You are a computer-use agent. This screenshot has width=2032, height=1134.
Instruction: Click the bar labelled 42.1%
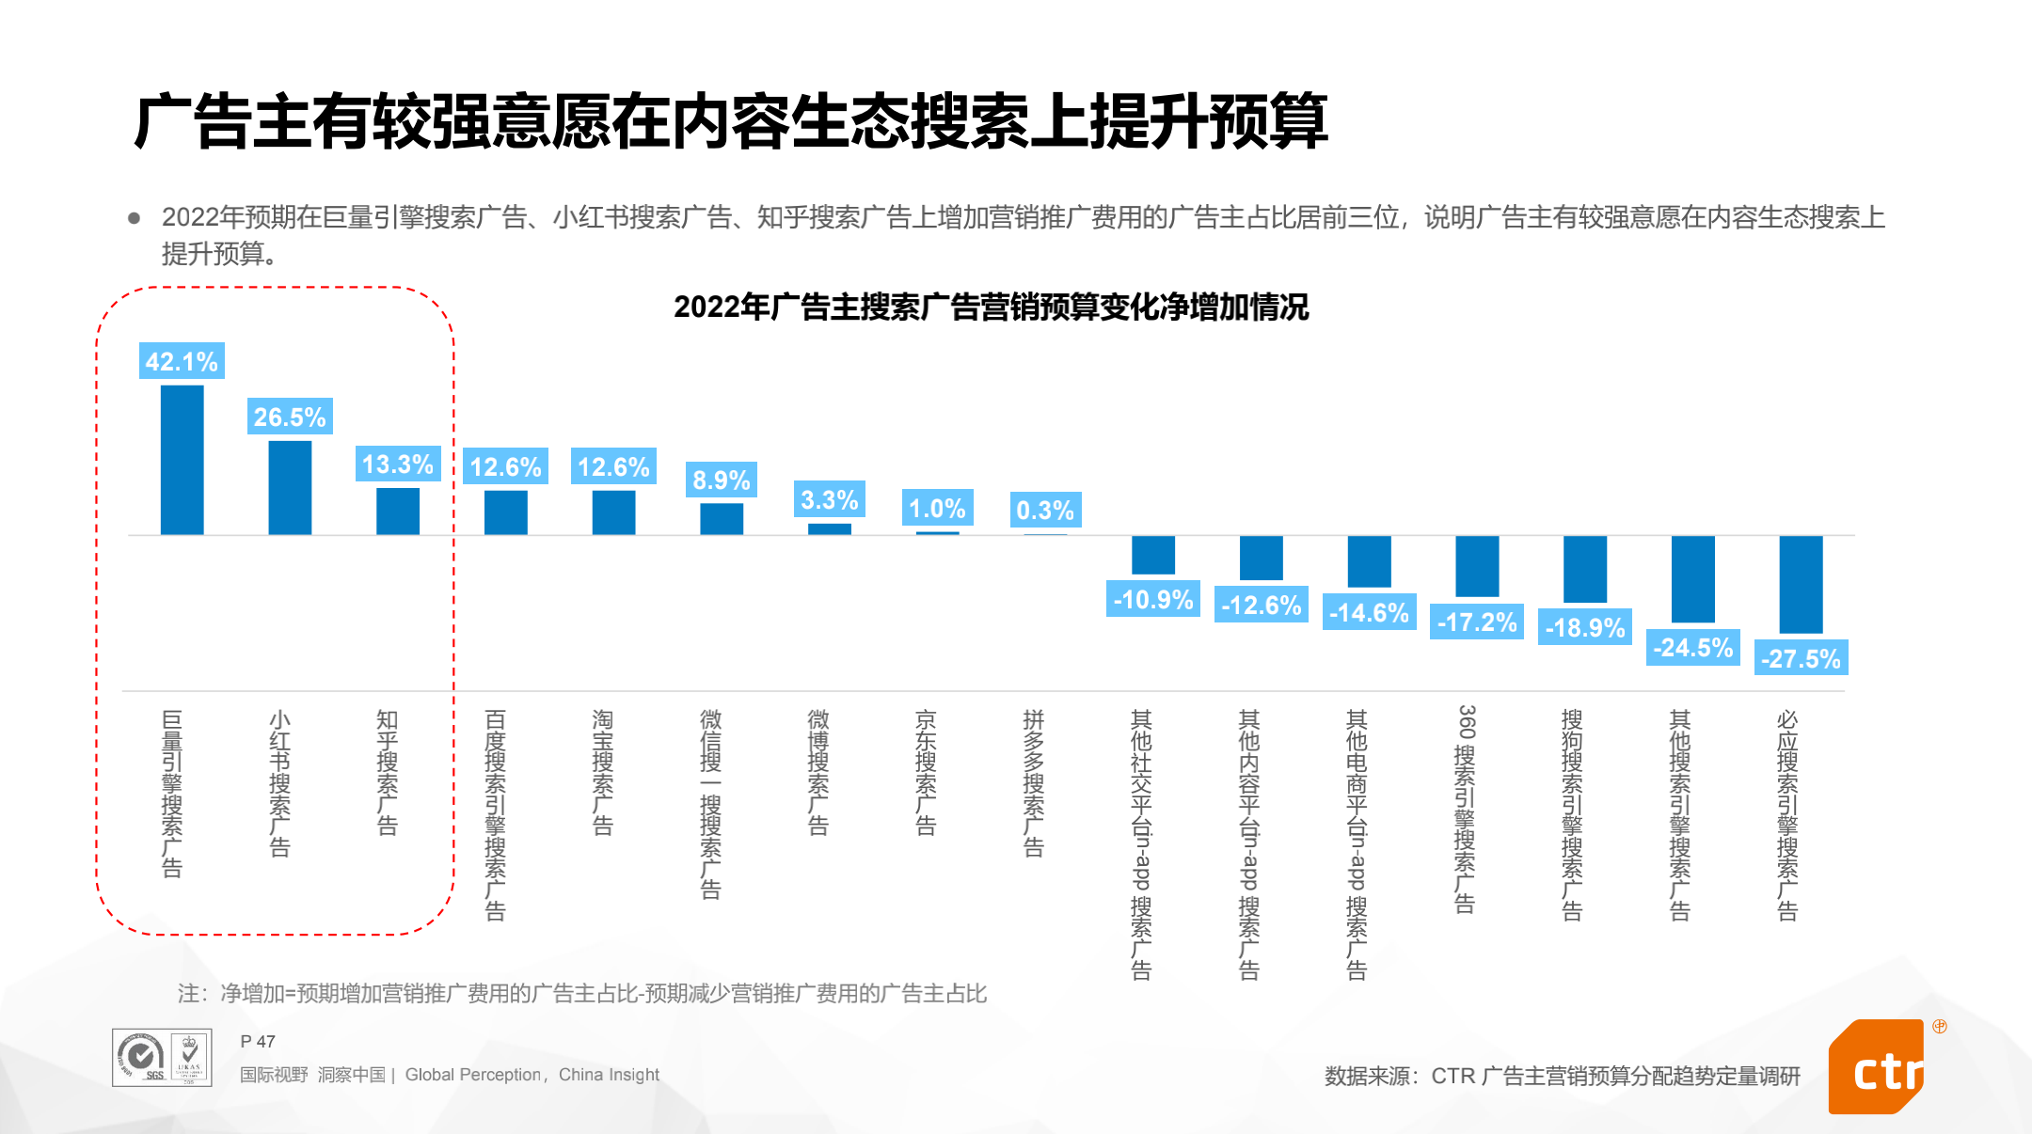coord(182,460)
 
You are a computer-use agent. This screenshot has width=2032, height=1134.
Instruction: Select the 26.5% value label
coord(290,417)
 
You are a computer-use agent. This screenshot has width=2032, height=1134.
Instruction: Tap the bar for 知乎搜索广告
coord(398,511)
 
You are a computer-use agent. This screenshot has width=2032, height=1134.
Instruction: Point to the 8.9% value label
coord(722,480)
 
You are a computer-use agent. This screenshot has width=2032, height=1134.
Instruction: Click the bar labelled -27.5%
coord(1801,584)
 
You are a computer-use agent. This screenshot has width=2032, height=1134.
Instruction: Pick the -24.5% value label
coord(1692,648)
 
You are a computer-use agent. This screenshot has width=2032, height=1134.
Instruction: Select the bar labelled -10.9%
coord(1153,555)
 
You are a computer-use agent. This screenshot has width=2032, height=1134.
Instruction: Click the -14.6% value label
coord(1369,613)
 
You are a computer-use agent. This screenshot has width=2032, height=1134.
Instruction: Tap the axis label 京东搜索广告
coord(926,772)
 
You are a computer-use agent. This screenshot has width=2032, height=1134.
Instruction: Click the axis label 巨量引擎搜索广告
coord(172,794)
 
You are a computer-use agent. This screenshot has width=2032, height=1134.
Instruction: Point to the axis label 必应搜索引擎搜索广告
coord(1787,814)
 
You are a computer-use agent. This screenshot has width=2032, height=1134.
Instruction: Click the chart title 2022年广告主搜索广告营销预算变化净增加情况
coord(991,307)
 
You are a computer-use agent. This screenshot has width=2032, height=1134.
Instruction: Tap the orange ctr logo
coord(1878,1068)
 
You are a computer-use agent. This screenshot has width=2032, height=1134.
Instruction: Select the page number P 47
coord(258,1042)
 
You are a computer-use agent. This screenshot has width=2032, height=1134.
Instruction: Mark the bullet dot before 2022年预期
coord(135,218)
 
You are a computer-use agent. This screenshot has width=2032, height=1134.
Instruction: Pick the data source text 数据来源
coord(1562,1076)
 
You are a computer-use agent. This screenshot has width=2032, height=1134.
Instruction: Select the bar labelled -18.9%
coord(1585,569)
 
